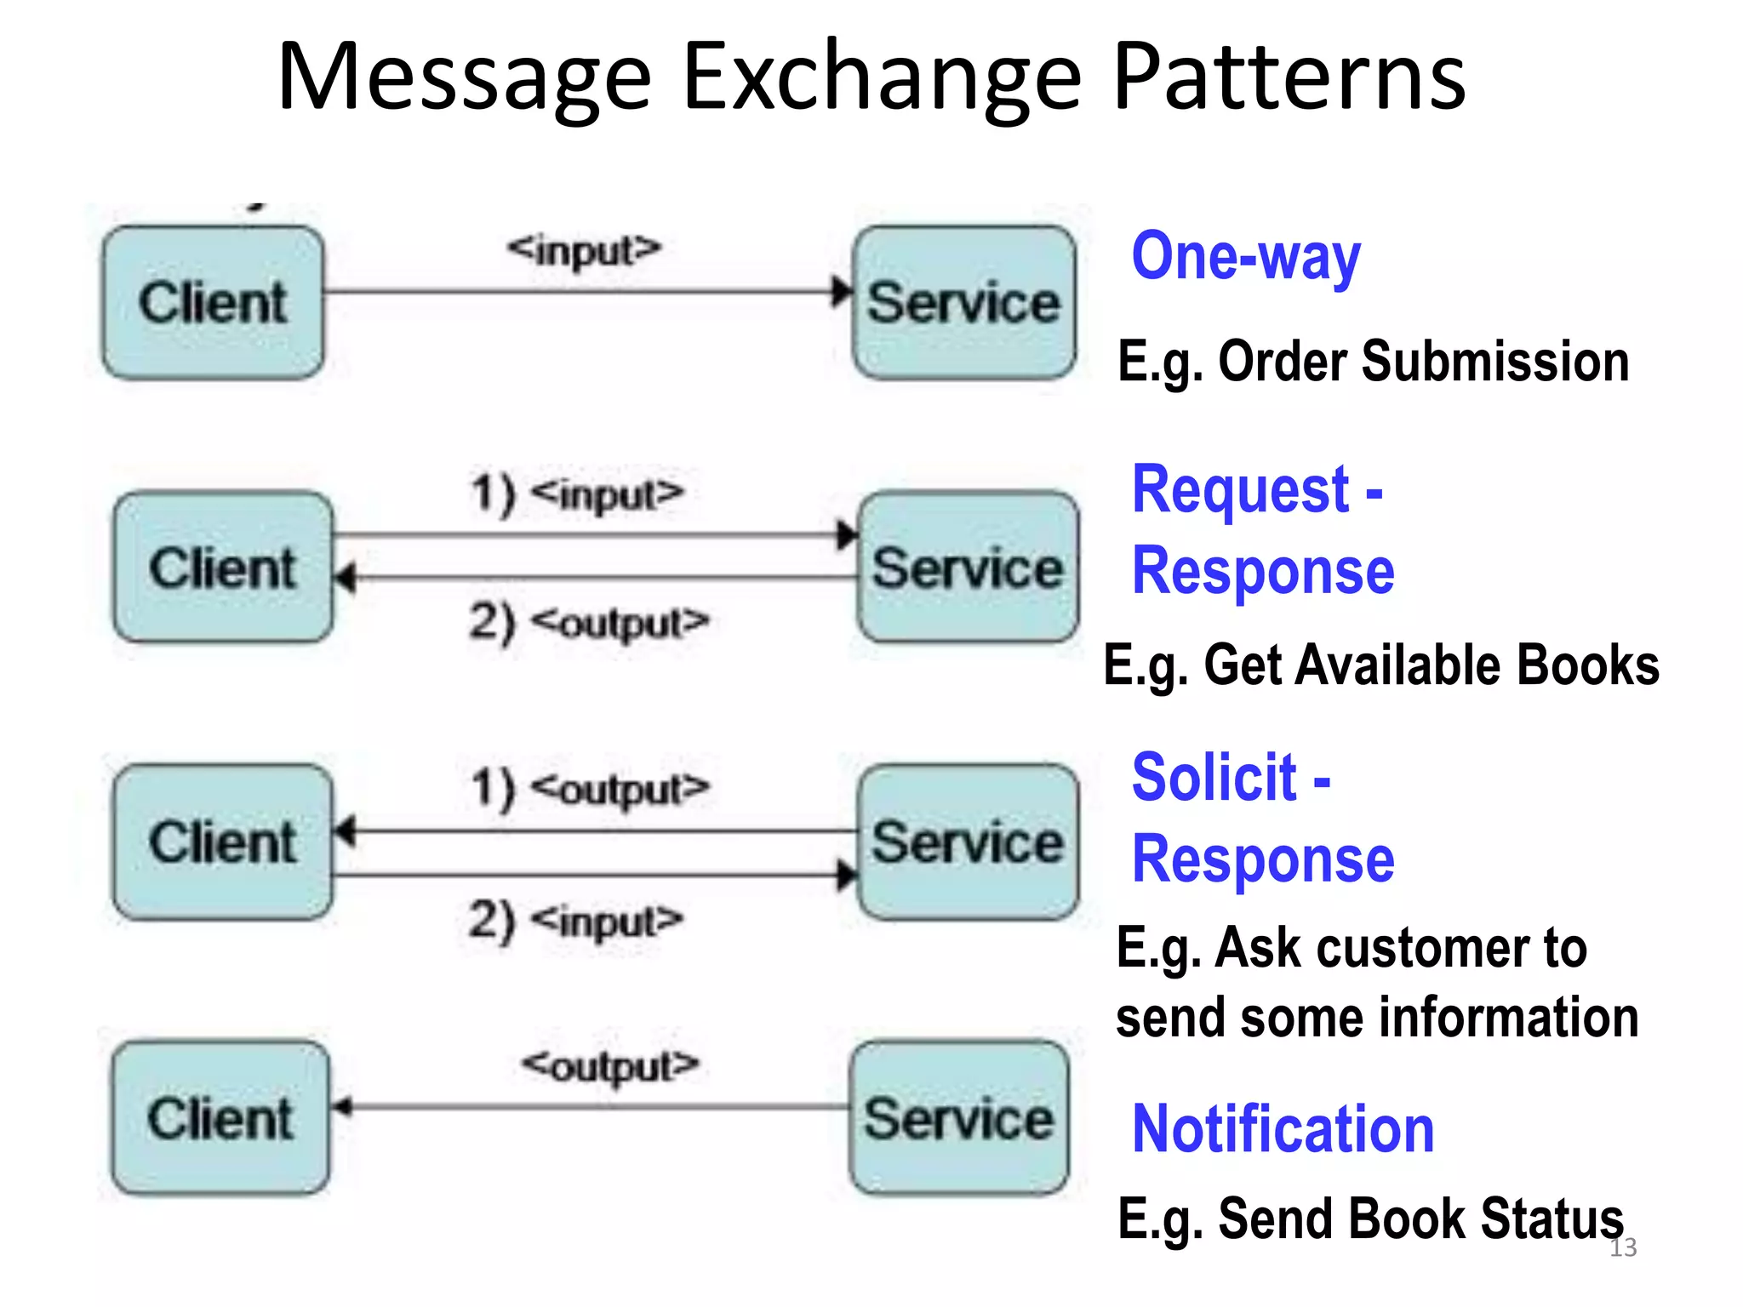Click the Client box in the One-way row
pos(213,302)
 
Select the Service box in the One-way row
pos(963,302)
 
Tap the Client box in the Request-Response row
pos(223,568)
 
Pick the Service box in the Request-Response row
pos(968,568)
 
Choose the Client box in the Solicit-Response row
pos(223,842)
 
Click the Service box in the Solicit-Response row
pos(968,842)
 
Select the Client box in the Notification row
pos(220,1117)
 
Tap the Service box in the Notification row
pos(959,1117)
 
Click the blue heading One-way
pos(1246,257)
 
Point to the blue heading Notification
pos(1283,1129)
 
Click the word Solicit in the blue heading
pos(1214,778)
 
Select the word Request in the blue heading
pos(1240,491)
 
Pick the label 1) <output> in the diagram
pos(590,789)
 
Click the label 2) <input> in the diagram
pos(576,921)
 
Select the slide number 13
pos(1623,1247)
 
